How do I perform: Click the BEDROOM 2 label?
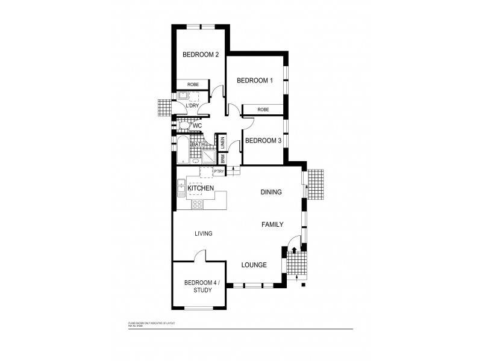pos(200,55)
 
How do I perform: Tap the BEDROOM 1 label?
pos(254,80)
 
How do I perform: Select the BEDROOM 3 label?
pos(263,141)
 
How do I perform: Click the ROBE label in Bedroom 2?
pos(193,85)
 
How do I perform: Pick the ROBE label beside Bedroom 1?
pos(263,110)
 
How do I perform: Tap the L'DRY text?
pos(192,106)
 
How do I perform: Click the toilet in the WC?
pos(184,126)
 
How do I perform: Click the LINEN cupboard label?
pos(222,143)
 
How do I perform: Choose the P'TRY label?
pos(218,171)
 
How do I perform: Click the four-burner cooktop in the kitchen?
pos(196,204)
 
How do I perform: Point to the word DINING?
pos(271,193)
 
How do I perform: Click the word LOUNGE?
pos(254,265)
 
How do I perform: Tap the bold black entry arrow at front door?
pos(294,250)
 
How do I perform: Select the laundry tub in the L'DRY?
pos(182,96)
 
